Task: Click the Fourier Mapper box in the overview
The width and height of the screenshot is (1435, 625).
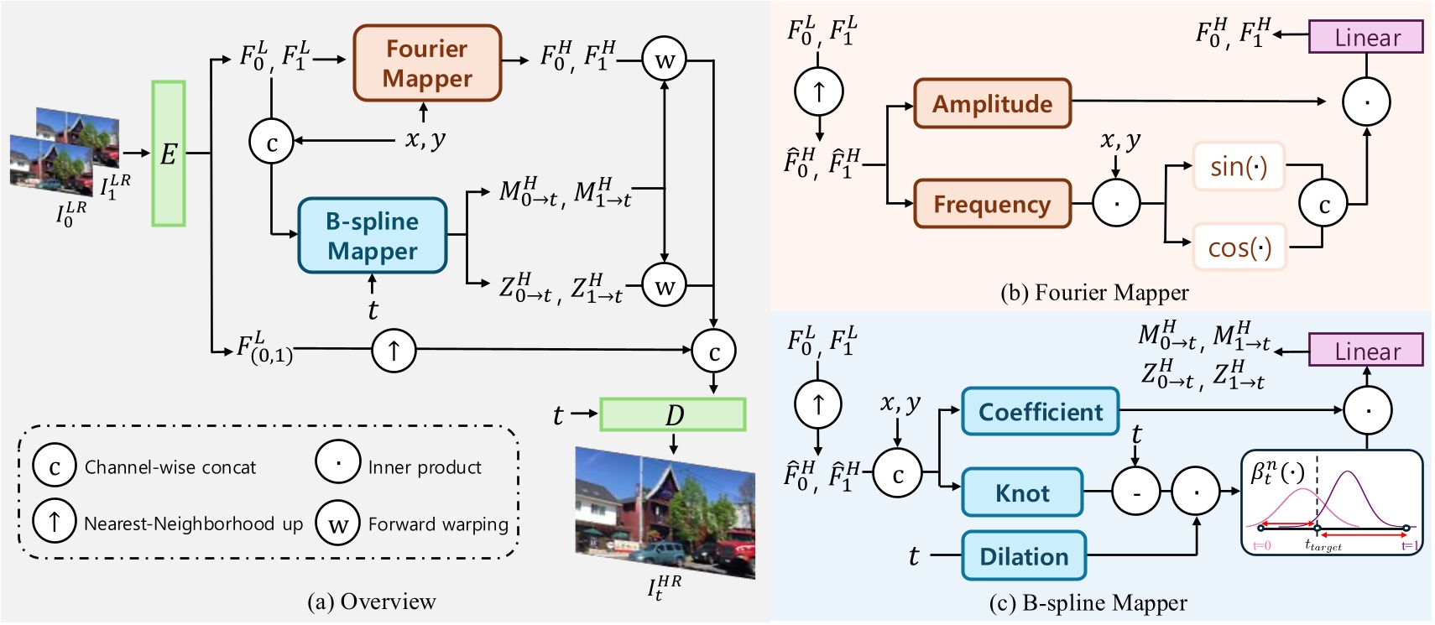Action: (x=427, y=63)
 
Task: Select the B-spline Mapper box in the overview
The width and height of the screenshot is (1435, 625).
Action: (x=372, y=236)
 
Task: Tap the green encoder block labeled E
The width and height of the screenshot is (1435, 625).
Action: (x=168, y=154)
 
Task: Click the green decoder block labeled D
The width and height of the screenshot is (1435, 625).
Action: (x=672, y=414)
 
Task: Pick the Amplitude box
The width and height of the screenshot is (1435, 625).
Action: (x=992, y=103)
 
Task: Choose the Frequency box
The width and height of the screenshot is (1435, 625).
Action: (x=992, y=204)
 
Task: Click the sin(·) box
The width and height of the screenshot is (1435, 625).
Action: (x=1238, y=166)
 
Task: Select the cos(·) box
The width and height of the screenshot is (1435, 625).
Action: (x=1239, y=247)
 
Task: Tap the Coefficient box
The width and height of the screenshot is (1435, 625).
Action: (x=1040, y=411)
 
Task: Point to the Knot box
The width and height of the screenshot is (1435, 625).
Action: (x=1022, y=492)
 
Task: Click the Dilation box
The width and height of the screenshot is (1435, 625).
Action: (x=1024, y=556)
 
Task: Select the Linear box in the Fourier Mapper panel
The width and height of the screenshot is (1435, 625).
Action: (x=1366, y=38)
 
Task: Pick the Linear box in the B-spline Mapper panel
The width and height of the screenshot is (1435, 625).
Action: (x=1366, y=351)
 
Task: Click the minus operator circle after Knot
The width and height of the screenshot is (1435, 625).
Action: (x=1135, y=492)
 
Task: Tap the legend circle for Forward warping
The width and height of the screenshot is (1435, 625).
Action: (x=337, y=523)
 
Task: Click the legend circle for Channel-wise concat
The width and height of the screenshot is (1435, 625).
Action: (x=55, y=466)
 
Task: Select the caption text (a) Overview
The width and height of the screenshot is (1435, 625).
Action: (x=371, y=602)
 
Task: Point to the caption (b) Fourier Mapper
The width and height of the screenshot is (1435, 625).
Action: (x=1094, y=292)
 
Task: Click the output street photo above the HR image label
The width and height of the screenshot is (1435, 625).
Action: (x=665, y=512)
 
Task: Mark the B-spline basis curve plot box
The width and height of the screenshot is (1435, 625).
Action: (x=1332, y=503)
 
